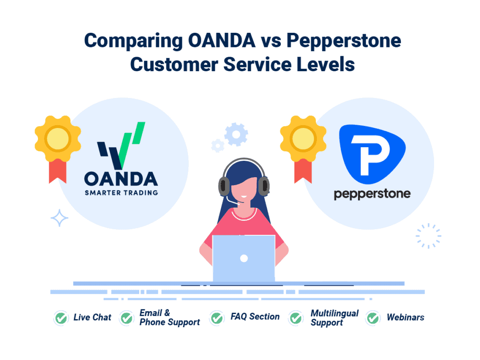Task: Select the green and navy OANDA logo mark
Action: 121,146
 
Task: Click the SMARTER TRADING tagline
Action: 121,192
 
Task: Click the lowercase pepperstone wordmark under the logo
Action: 372,194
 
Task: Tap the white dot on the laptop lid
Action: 244,258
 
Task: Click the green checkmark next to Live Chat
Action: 60,318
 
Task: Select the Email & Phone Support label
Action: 169,317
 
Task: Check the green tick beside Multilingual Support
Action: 295,318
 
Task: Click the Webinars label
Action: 405,317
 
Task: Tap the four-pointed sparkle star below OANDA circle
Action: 60,218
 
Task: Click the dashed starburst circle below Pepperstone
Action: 428,236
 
